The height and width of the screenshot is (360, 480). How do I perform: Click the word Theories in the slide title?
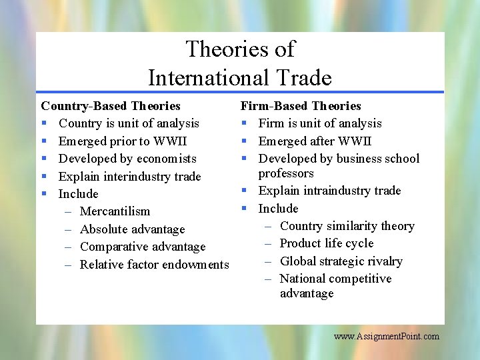(216, 49)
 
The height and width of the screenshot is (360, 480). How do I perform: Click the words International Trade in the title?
(239, 78)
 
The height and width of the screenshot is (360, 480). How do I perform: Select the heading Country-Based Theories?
(111, 106)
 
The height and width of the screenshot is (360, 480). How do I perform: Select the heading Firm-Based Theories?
(301, 106)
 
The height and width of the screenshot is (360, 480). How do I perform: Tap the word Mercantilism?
(115, 211)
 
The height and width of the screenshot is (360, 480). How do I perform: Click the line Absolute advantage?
(132, 229)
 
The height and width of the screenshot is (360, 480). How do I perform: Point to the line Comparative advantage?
(143, 247)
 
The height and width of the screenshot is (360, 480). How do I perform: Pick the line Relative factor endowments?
(154, 265)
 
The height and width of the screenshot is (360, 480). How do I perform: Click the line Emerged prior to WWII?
(123, 141)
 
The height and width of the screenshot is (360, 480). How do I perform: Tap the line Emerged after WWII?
(315, 141)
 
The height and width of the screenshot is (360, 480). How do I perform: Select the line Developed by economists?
(127, 159)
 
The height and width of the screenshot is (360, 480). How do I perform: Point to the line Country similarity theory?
(347, 226)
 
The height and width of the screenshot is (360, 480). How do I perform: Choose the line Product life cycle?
(327, 243)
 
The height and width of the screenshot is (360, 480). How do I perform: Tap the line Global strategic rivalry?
(341, 261)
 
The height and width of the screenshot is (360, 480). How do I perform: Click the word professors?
(286, 173)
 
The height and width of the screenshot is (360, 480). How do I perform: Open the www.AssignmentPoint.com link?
(387, 337)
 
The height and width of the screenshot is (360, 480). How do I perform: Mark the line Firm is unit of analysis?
(320, 123)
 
